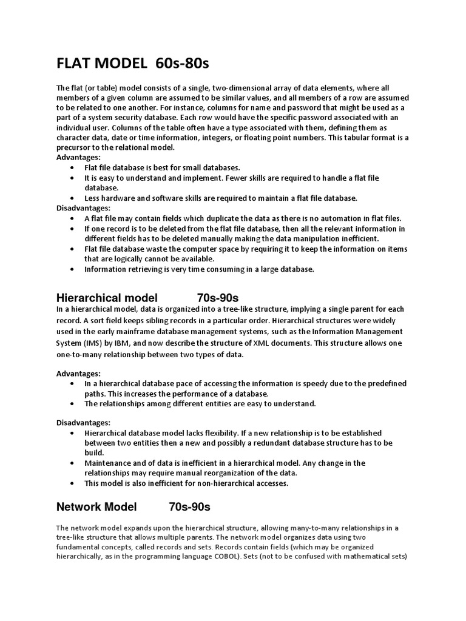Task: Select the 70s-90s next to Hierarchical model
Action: click(218, 298)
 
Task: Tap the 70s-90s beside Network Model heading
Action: click(189, 506)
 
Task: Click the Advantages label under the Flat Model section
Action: click(78, 157)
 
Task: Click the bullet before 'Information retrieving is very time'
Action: click(73, 269)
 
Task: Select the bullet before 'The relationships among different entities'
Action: click(73, 403)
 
